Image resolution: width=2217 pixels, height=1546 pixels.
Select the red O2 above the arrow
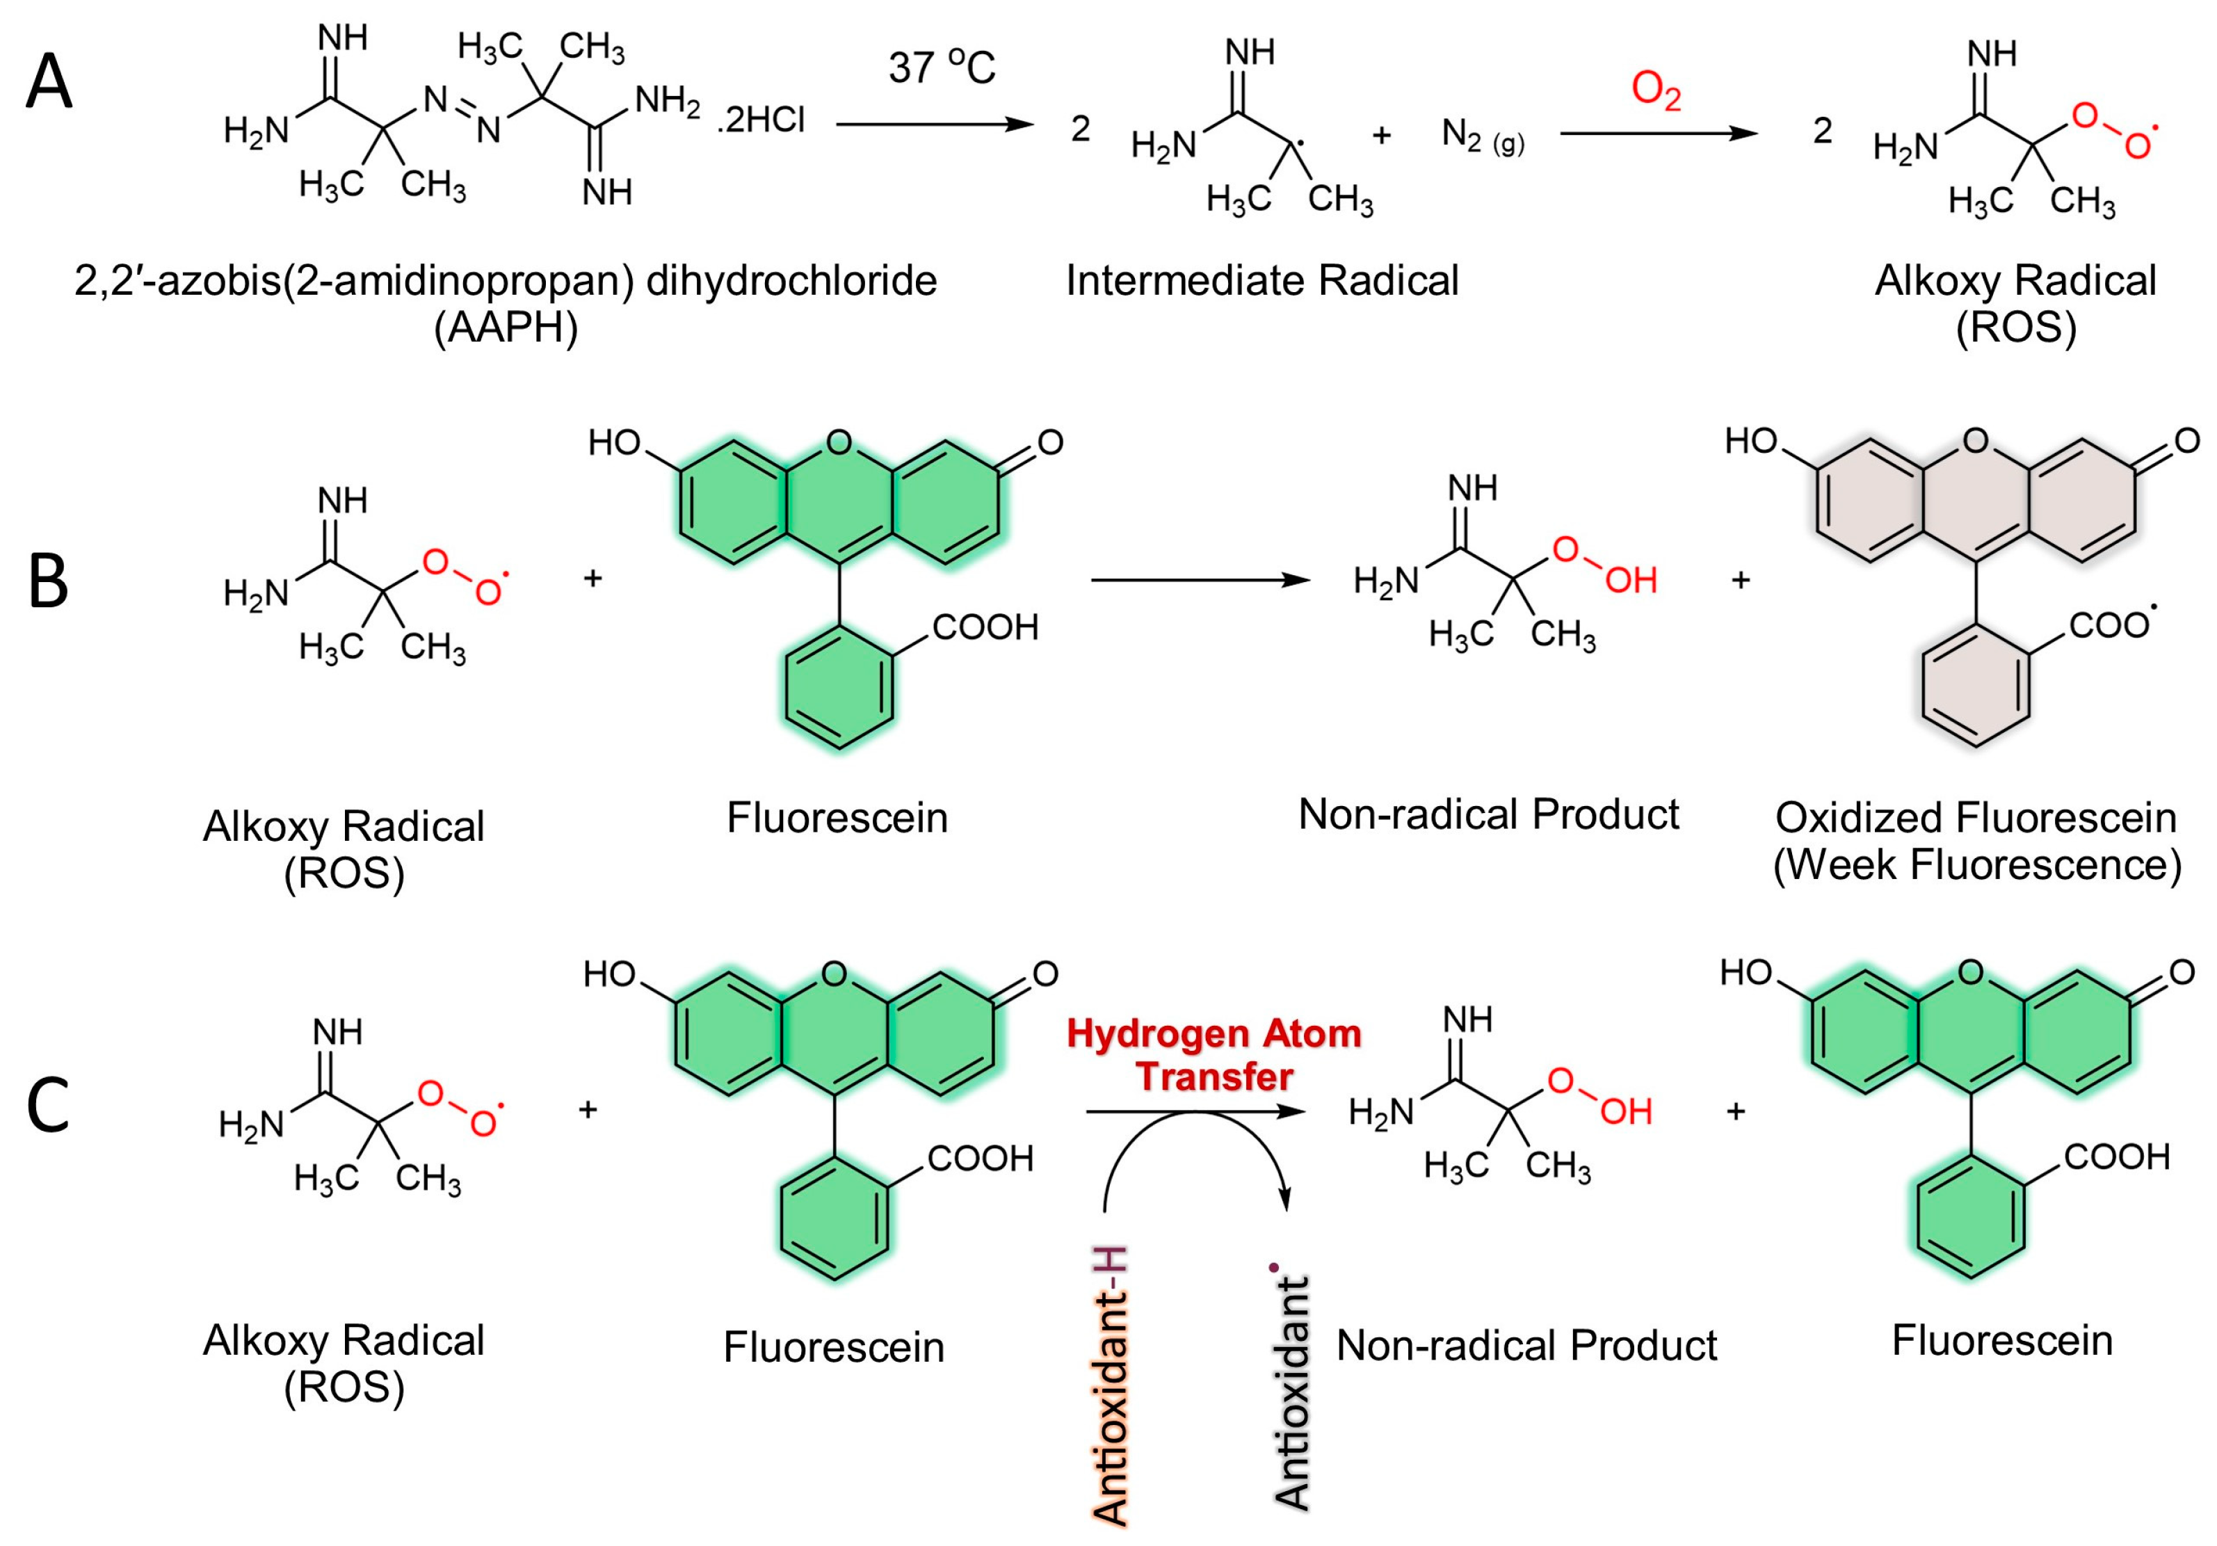click(1656, 92)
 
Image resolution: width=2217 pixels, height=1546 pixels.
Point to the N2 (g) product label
click(1482, 136)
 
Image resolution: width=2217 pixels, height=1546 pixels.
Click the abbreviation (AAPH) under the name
click(506, 328)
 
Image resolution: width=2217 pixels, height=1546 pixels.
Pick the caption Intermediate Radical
click(1262, 281)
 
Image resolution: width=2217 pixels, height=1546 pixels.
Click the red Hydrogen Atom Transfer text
click(1214, 1054)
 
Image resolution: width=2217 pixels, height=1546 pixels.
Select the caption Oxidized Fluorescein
click(1976, 818)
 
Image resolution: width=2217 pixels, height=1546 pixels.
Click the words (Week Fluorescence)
click(1976, 864)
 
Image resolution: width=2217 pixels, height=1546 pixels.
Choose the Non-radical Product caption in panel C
click(1526, 1345)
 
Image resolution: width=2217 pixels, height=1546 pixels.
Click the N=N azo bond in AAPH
click(462, 111)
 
